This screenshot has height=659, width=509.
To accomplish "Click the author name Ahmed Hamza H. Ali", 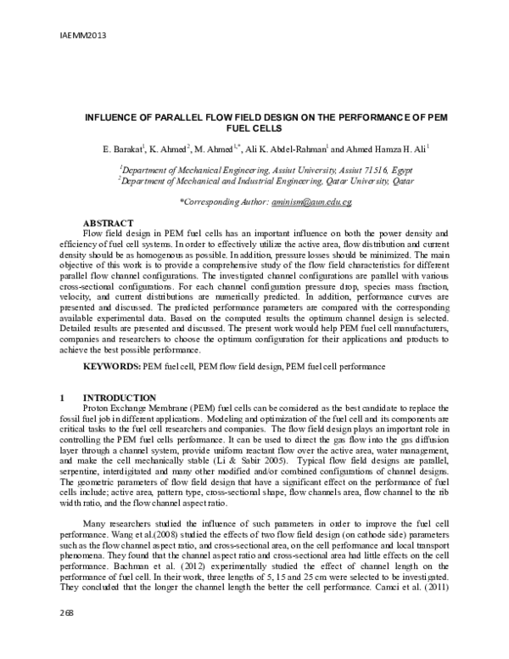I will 389,149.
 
